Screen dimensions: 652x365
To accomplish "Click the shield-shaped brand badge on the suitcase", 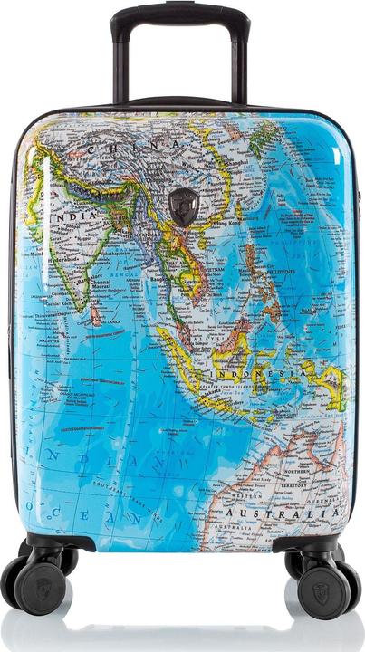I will click(x=185, y=207).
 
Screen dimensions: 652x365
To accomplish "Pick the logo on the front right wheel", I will click(x=325, y=592).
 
